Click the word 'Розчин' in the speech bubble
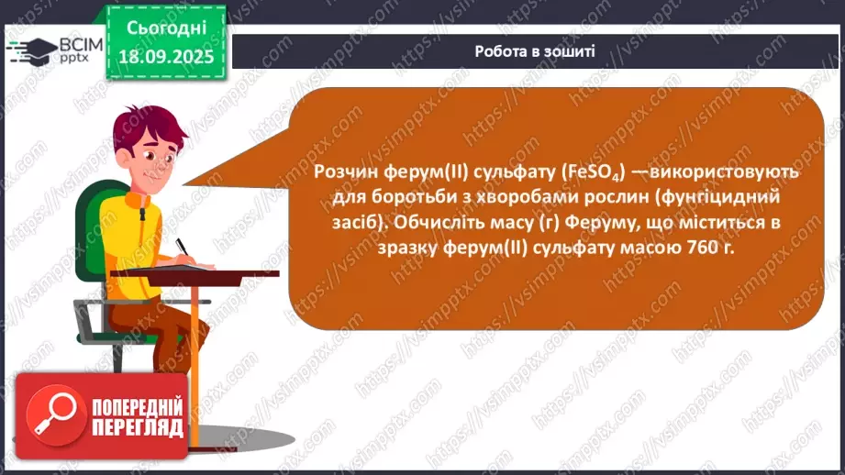coord(343,172)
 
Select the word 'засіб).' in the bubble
coord(345,223)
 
